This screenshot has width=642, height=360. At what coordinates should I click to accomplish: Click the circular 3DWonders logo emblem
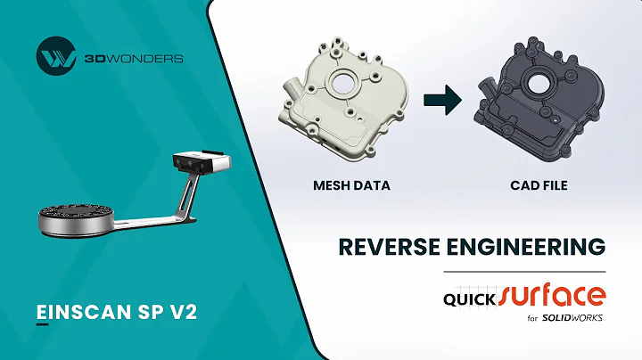(54, 57)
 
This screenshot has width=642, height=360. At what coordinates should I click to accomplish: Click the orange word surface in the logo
(553, 294)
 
